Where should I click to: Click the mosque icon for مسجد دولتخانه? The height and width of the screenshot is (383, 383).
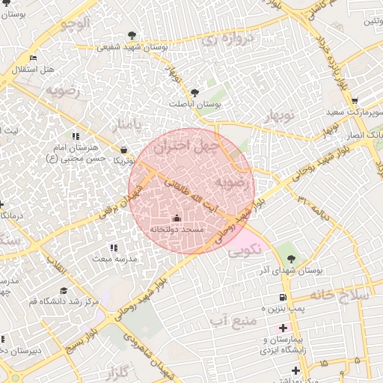pos(177,218)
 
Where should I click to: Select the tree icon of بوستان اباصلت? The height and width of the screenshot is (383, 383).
pos(194,93)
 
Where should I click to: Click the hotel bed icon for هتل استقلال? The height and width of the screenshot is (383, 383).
pos(32,58)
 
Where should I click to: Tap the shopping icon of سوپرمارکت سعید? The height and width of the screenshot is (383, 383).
pos(354,101)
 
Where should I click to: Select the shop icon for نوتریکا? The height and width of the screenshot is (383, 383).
pos(123,150)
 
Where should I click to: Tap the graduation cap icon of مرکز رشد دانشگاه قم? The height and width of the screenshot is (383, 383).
pos(64,290)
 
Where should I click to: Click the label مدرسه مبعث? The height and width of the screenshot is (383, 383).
pos(114,258)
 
